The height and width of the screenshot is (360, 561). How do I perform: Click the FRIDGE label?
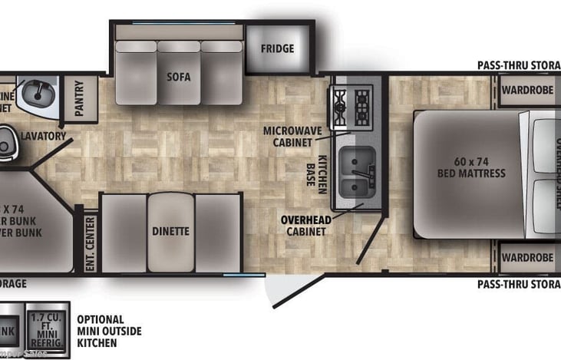coord(277,49)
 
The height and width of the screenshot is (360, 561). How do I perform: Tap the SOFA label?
coord(178,78)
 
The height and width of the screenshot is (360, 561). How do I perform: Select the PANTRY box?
coord(80,97)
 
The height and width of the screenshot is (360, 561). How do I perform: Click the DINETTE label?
coord(170,231)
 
